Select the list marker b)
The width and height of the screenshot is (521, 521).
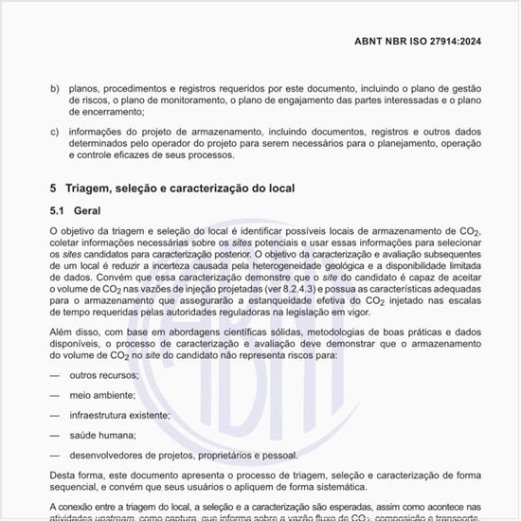pyautogui.click(x=54, y=88)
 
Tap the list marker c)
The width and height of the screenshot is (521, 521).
pyautogui.click(x=54, y=131)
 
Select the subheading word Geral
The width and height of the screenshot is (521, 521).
pyautogui.click(x=99, y=210)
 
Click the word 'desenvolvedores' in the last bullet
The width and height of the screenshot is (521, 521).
pyautogui.click(x=111, y=455)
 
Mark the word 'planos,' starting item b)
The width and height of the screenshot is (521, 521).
pyautogui.click(x=88, y=88)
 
